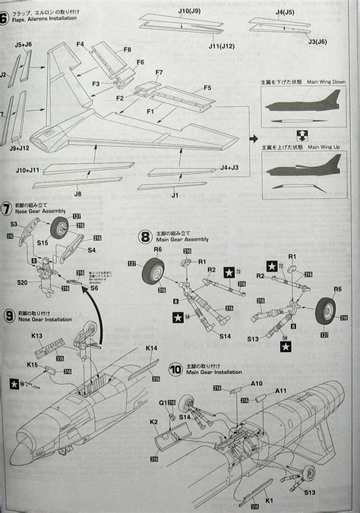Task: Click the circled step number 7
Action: click(7, 206)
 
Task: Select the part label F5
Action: click(207, 88)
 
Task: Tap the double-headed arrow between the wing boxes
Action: click(300, 137)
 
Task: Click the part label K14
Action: click(152, 348)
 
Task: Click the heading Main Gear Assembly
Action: click(188, 249)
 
